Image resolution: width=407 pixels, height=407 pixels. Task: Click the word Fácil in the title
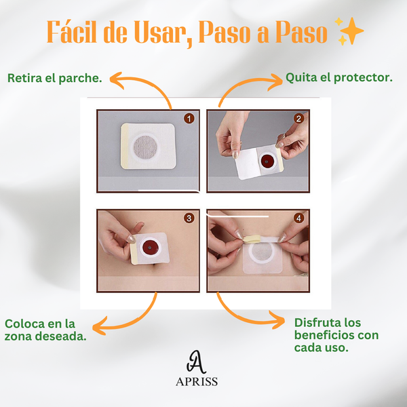pyautogui.click(x=72, y=32)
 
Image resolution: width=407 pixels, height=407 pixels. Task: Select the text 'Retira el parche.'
pyautogui.click(x=54, y=78)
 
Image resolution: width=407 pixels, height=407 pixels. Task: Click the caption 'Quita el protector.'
pyautogui.click(x=339, y=77)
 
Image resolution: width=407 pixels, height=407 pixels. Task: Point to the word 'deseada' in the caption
pyautogui.click(x=61, y=336)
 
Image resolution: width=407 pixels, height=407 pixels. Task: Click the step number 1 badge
pyautogui.click(x=189, y=119)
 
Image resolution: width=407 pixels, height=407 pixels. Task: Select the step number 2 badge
pyautogui.click(x=298, y=119)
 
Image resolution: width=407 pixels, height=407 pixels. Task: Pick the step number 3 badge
pyautogui.click(x=189, y=218)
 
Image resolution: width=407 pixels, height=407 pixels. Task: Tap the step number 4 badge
pyautogui.click(x=298, y=218)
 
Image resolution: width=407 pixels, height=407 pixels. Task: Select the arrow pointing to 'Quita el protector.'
pyautogui.click(x=244, y=83)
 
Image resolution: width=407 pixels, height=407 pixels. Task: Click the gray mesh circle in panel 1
pyautogui.click(x=145, y=147)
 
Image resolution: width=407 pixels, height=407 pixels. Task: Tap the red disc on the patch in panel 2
pyautogui.click(x=267, y=162)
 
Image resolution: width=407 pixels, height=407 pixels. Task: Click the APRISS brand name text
pyautogui.click(x=197, y=381)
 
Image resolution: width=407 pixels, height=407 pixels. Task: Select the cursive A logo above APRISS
pyautogui.click(x=196, y=362)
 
